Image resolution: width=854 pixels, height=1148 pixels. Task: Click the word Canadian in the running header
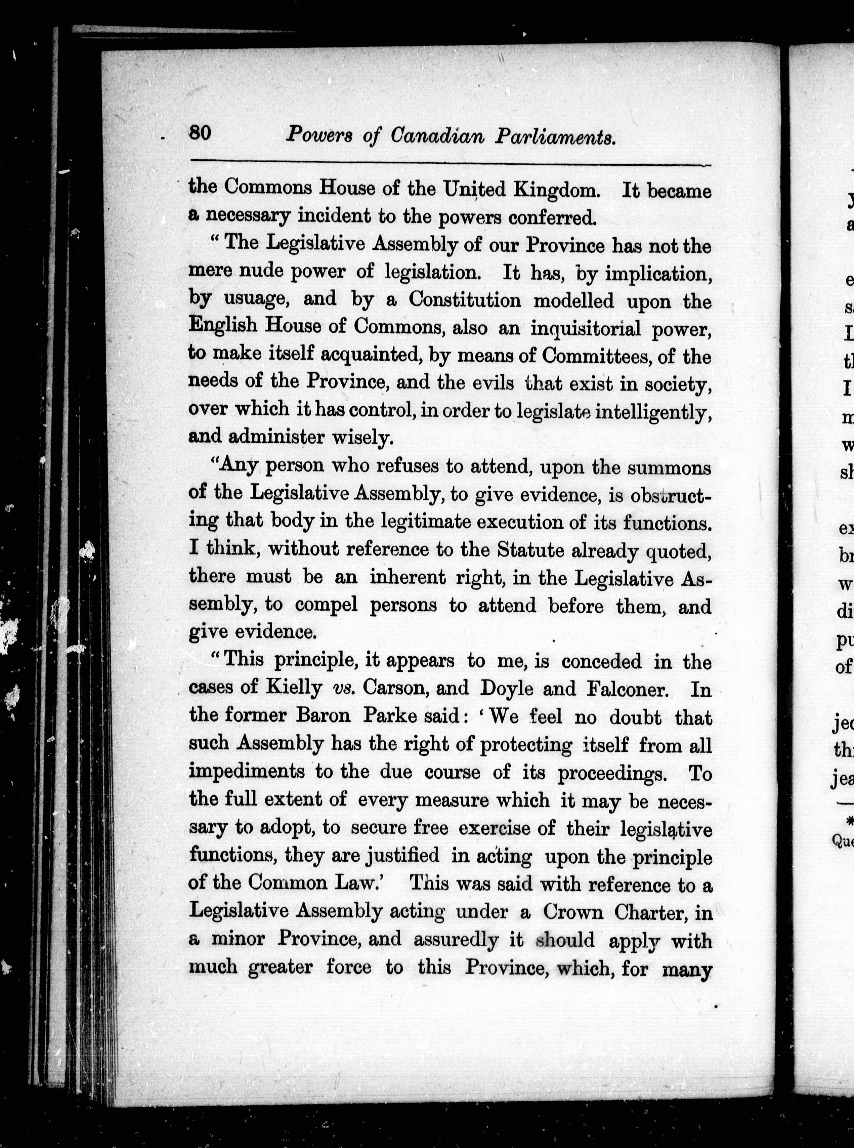(437, 136)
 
